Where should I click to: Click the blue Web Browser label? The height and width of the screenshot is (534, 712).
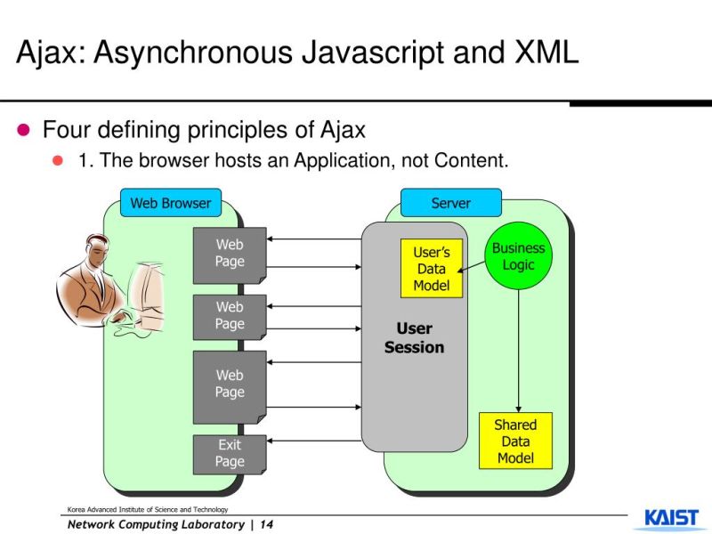tap(170, 203)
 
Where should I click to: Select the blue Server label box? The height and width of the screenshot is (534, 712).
tap(450, 203)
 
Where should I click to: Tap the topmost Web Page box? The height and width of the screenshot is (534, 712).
tap(230, 254)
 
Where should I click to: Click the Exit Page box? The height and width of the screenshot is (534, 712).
tap(230, 454)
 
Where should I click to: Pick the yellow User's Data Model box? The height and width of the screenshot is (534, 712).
tap(431, 269)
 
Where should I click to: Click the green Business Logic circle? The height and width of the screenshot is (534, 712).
tap(518, 256)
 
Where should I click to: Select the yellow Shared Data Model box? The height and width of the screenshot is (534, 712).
tap(515, 441)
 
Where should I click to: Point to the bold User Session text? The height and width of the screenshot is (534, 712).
tap(414, 338)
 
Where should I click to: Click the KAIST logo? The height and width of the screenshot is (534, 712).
tap(671, 519)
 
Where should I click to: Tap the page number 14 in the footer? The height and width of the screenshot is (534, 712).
tap(266, 524)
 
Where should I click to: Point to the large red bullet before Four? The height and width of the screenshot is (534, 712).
tap(24, 130)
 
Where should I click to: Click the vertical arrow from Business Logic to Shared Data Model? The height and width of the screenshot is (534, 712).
tap(518, 347)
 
